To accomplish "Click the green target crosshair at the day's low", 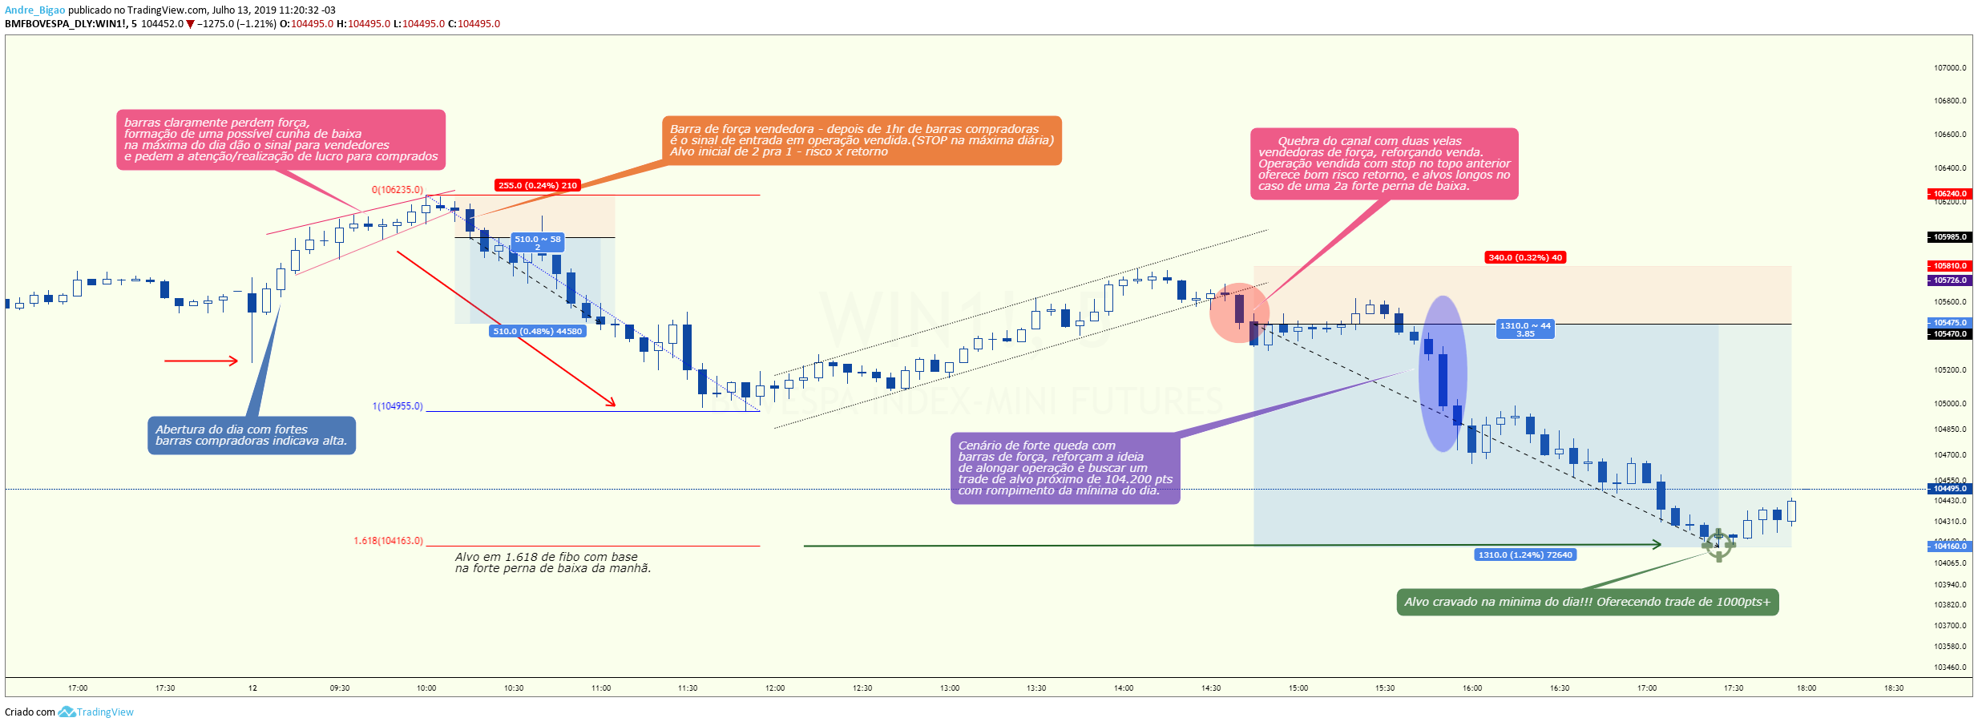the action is click(x=1718, y=546).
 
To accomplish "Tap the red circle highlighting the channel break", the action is click(x=1239, y=313).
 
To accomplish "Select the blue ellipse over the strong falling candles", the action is click(x=1443, y=374).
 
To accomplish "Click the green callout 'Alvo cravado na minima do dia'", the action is click(x=1588, y=603).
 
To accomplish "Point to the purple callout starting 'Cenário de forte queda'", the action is click(x=1065, y=468).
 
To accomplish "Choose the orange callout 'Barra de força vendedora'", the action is click(x=862, y=140).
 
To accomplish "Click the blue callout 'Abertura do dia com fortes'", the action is click(x=252, y=435).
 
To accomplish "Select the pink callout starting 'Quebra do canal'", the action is click(x=1384, y=163).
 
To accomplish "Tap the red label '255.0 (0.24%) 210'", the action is click(x=538, y=185).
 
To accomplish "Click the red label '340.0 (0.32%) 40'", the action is click(x=1525, y=257).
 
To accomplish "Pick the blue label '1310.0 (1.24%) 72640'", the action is click(x=1525, y=555).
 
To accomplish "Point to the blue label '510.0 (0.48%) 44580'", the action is click(x=538, y=331).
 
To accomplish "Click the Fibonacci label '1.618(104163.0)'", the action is click(x=389, y=541).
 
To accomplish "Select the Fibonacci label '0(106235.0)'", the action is click(x=398, y=190).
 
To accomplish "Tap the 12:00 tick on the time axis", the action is click(x=775, y=688).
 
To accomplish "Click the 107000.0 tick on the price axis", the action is click(x=1950, y=67).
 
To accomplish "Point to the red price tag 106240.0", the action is click(x=1949, y=193).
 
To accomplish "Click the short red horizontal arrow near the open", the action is click(x=201, y=361).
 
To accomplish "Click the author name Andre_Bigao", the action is click(x=34, y=10).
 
